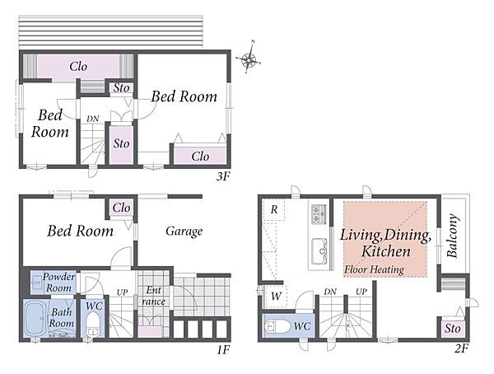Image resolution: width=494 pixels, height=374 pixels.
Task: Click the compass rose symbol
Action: (249, 58)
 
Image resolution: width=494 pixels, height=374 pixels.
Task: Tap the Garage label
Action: (184, 231)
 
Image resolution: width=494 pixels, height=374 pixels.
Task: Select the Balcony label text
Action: (452, 236)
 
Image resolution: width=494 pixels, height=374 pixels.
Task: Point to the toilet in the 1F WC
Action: (92, 324)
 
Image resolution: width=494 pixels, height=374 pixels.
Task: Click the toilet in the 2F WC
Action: (277, 327)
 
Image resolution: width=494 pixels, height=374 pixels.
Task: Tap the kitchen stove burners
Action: (319, 214)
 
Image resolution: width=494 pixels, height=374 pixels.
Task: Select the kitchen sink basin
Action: (319, 251)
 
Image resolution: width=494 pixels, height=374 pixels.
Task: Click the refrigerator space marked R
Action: (274, 210)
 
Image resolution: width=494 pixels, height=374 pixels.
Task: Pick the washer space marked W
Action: (276, 297)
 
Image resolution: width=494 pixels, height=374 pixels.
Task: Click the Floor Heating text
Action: (374, 269)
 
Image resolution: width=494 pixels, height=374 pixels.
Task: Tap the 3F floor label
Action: (223, 176)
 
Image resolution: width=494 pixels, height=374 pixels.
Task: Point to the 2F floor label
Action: (461, 348)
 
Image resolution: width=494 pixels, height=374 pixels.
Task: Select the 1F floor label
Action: (224, 349)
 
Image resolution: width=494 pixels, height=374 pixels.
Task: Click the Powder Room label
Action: (59, 283)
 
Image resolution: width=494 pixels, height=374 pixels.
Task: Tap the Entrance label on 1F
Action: (153, 296)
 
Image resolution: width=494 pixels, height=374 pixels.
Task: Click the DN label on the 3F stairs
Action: (92, 119)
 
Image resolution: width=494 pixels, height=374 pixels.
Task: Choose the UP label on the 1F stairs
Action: (122, 292)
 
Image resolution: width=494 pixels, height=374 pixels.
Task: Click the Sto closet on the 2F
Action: (452, 329)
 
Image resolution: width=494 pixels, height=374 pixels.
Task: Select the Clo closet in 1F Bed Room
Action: (121, 208)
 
